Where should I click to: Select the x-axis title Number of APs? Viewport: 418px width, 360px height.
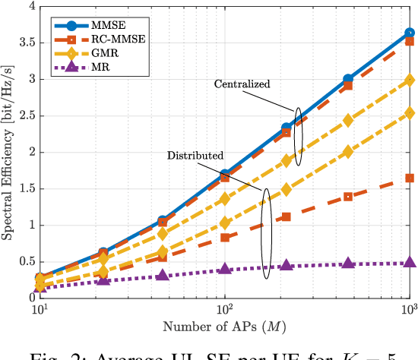coord(224,327)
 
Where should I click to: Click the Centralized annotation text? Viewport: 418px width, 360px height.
coord(242,83)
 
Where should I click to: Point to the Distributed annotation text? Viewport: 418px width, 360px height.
coord(195,155)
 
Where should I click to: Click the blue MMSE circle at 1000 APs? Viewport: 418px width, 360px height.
coord(410,33)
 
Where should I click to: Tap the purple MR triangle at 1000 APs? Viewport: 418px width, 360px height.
coord(410,262)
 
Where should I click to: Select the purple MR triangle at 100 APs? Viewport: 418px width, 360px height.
coord(224,269)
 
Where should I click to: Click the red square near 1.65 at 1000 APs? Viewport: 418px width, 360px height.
coord(410,178)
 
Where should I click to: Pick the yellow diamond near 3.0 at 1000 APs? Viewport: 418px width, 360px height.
coord(410,80)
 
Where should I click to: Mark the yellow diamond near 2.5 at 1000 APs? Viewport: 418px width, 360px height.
coord(410,113)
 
